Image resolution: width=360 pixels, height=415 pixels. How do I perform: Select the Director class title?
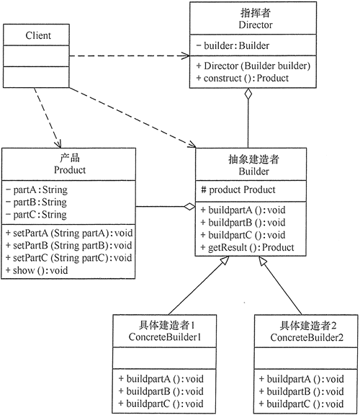(x=252, y=19)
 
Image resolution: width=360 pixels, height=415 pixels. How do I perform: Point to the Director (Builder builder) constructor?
(x=253, y=66)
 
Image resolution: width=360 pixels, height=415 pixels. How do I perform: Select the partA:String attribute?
(x=36, y=190)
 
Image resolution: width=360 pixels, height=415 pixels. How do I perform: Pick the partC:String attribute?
(x=36, y=215)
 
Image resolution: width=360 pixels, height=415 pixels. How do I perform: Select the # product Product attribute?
(x=238, y=190)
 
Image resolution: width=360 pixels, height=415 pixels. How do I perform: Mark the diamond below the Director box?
(x=248, y=94)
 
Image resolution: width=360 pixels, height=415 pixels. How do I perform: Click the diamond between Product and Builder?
(x=189, y=207)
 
